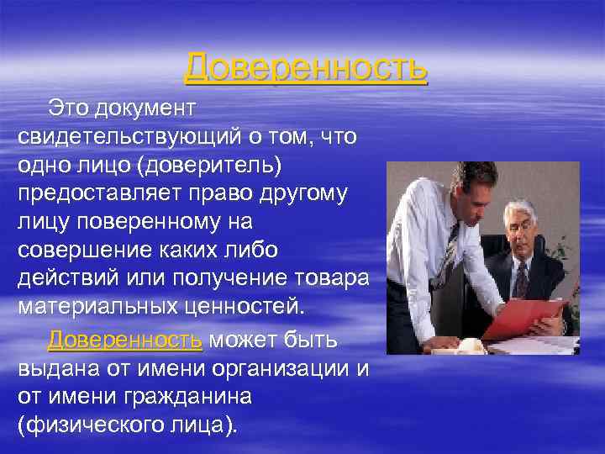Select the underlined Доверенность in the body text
point(124,340)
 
